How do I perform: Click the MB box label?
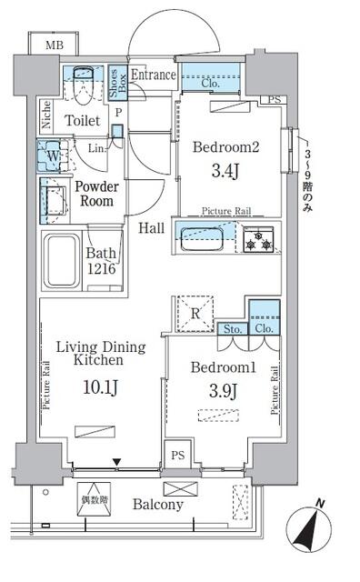coord(42,44)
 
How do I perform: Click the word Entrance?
coord(153,75)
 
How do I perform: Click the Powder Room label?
coord(97,193)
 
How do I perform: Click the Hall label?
coord(152,228)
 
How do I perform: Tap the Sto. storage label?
coord(231,328)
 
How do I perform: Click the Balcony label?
coord(157,505)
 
